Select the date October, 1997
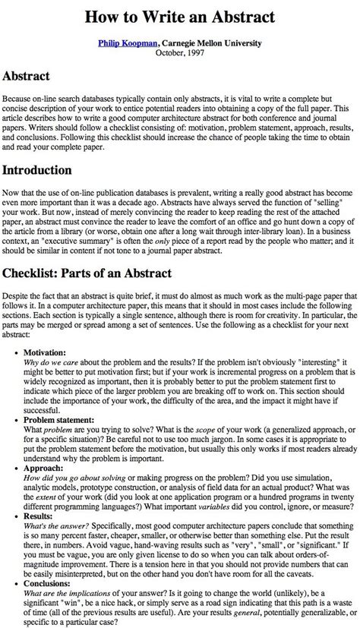coord(180,53)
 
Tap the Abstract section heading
coord(27,77)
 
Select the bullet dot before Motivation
coord(16,333)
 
